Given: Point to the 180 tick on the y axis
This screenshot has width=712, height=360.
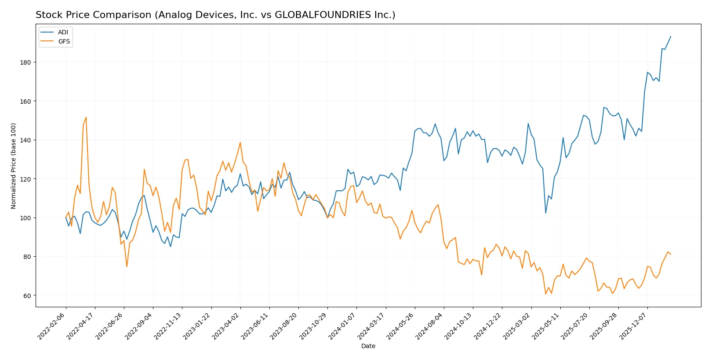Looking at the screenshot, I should (25, 62).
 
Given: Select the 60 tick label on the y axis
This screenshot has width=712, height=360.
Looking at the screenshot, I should (27, 296).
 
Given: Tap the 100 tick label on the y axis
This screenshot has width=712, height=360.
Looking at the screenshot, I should (25, 218).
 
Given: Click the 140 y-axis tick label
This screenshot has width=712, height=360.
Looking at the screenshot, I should (25, 140).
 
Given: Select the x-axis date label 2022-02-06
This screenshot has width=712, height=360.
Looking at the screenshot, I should (52, 326).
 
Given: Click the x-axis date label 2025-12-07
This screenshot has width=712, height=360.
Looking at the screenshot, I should (633, 326).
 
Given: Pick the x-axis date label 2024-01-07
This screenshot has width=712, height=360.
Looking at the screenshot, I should (342, 326).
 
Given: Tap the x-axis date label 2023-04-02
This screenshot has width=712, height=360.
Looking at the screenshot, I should (226, 326).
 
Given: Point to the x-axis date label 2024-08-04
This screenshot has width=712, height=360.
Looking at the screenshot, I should (429, 326).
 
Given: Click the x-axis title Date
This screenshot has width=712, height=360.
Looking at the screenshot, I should (368, 346).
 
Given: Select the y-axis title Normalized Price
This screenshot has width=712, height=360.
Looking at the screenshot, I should (14, 166).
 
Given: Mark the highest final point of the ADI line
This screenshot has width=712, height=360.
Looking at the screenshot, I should (671, 36).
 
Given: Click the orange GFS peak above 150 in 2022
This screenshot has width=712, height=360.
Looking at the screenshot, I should (86, 117).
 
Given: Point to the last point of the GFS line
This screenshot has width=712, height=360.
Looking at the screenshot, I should (671, 254).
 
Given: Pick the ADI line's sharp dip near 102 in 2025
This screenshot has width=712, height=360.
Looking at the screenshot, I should (546, 213).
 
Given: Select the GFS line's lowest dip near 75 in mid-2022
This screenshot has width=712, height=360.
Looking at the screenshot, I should (127, 267).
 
